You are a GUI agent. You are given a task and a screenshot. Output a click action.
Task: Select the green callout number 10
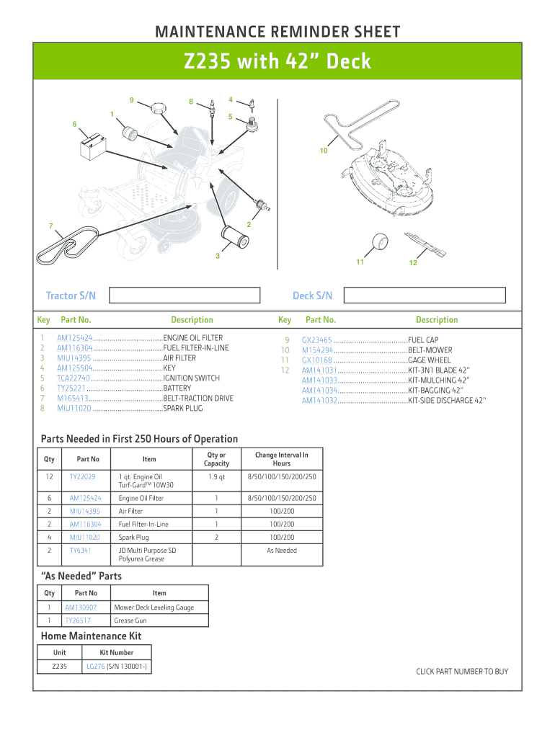pyautogui.click(x=324, y=151)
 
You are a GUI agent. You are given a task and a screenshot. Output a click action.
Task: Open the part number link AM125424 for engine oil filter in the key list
pyautogui.click(x=74, y=338)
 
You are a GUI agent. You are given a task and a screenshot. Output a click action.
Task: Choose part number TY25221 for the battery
pyautogui.click(x=71, y=388)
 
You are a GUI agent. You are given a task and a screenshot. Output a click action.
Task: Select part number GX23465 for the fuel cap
pyautogui.click(x=316, y=340)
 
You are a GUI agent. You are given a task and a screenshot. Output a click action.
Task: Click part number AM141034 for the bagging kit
pyautogui.click(x=319, y=391)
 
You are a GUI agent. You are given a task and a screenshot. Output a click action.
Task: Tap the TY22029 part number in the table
pyautogui.click(x=82, y=477)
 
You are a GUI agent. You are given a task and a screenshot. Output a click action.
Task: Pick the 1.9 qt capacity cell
pyautogui.click(x=216, y=477)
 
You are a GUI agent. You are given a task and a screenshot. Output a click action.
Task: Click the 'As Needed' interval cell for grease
pyautogui.click(x=281, y=551)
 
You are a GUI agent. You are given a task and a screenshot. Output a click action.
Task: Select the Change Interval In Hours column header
pyautogui.click(x=281, y=459)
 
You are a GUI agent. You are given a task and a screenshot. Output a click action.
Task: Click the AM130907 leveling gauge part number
pyautogui.click(x=81, y=608)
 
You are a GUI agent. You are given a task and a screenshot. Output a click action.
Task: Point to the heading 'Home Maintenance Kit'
pyautogui.click(x=91, y=636)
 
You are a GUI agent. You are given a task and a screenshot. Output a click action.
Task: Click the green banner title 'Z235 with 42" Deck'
pyautogui.click(x=277, y=62)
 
